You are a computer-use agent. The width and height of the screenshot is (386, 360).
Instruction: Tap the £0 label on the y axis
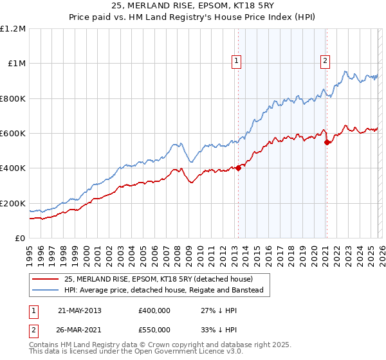point(21,239)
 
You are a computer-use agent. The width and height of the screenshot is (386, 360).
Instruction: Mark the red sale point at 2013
point(238,168)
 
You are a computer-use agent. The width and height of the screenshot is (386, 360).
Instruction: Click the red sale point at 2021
point(327,142)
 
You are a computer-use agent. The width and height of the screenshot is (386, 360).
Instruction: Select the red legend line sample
point(46,279)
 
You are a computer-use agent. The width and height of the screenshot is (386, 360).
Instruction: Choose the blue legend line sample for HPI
point(46,291)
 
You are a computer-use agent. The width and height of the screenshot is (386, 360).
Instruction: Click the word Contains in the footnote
point(46,345)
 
